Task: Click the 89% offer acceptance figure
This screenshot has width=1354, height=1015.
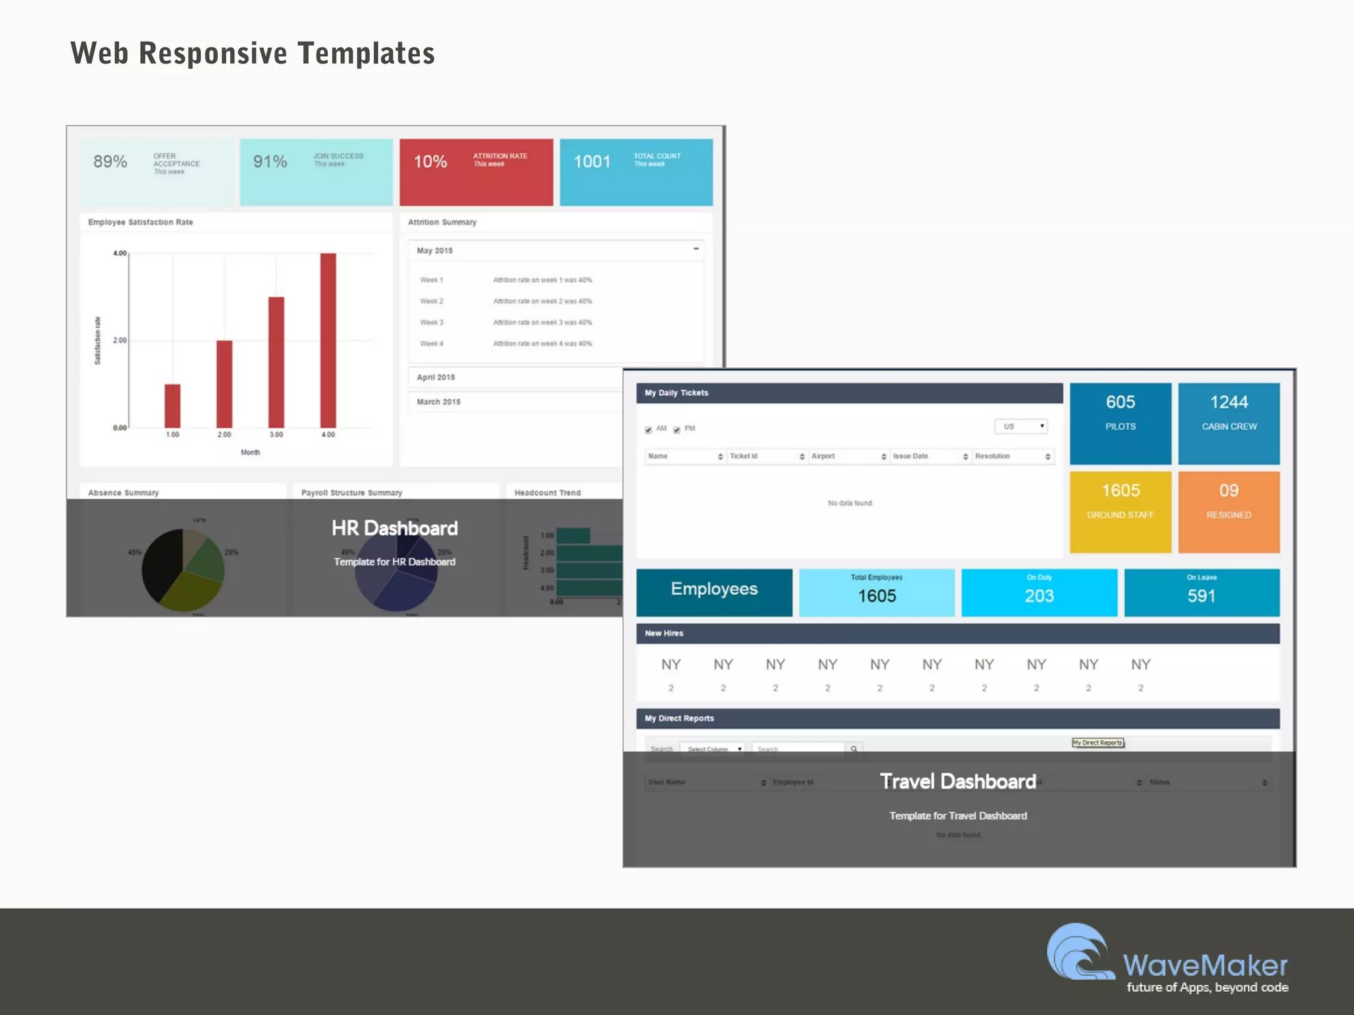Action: (110, 162)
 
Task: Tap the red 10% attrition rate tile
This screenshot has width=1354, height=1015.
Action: (476, 172)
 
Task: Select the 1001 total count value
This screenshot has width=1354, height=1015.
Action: (592, 162)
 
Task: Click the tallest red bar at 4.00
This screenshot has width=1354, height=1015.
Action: (328, 340)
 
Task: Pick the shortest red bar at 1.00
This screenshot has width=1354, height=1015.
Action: (173, 406)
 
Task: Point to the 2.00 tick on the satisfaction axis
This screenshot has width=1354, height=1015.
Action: (120, 340)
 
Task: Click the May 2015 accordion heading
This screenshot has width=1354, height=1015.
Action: (435, 250)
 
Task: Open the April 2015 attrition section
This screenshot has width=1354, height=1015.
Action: (436, 377)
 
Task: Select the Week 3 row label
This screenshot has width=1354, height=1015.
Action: (432, 322)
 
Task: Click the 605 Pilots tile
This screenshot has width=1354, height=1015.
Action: (1120, 423)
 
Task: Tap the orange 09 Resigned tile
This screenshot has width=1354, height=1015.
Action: (1228, 512)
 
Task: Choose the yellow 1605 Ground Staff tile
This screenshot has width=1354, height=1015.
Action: (1120, 512)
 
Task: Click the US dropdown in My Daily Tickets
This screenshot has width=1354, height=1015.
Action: (1021, 426)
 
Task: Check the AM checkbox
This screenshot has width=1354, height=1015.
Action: (649, 430)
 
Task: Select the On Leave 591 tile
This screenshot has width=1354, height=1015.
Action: (1201, 593)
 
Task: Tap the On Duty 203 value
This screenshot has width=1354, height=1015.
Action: (1039, 596)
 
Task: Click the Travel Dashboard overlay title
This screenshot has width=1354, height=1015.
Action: (958, 782)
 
